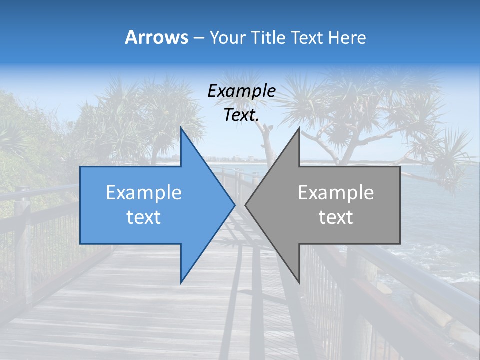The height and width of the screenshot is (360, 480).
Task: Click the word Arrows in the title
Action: (157, 37)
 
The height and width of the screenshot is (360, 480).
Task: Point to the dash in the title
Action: (199, 38)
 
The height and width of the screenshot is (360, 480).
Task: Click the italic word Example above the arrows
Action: (242, 91)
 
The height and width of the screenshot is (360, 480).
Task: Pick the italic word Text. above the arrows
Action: (242, 115)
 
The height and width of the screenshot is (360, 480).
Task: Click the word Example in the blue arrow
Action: (144, 193)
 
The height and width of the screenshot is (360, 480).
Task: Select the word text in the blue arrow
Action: (144, 217)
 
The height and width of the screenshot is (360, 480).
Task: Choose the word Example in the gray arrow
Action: (336, 193)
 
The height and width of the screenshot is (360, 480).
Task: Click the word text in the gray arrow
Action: (336, 217)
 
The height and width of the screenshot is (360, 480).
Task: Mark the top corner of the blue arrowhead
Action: (181, 128)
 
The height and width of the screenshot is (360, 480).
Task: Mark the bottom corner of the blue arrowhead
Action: (181, 282)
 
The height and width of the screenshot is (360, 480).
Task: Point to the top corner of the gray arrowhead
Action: (299, 128)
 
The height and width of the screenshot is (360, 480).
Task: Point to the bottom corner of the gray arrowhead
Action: (299, 282)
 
